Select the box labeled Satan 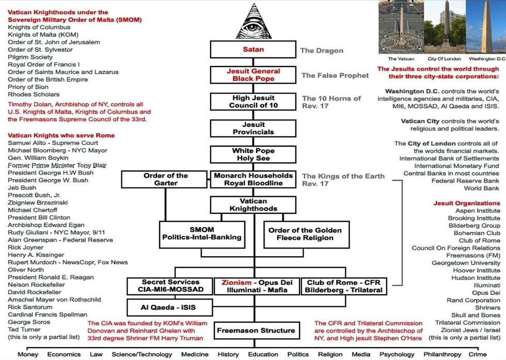click(253, 50)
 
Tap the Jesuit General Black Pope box click(253, 75)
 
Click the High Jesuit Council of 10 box click(253, 102)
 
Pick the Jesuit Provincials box click(253, 129)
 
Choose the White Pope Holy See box click(253, 154)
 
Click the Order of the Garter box click(166, 179)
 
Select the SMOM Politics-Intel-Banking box click(201, 234)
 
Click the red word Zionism click(236, 283)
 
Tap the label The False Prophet click(335, 75)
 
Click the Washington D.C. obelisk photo click(485, 26)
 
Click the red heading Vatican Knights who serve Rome click(61, 135)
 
